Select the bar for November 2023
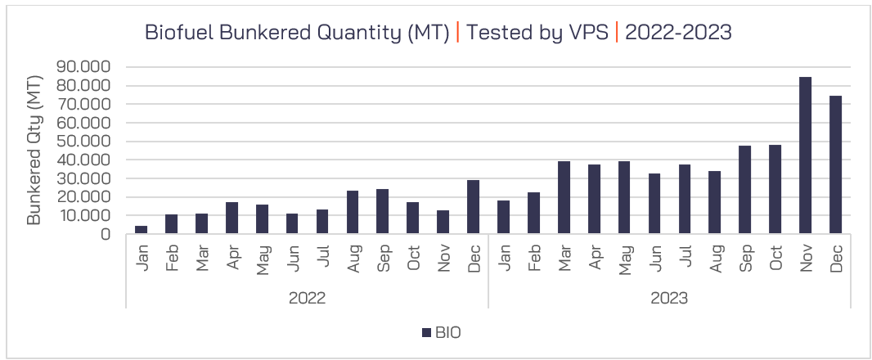[x=805, y=155]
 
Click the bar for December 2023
[x=835, y=164]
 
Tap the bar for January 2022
[x=142, y=230]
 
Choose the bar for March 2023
[x=564, y=197]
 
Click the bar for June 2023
[x=654, y=204]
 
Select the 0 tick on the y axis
[x=106, y=234]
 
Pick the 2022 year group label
[x=307, y=298]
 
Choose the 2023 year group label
[x=669, y=298]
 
